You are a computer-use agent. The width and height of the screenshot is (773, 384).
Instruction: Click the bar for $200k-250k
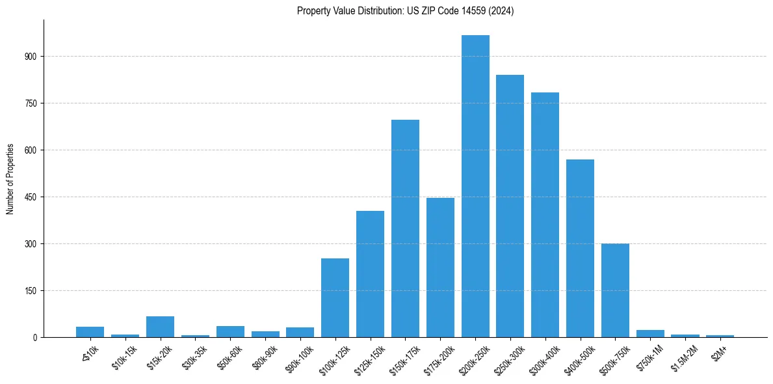[475, 186]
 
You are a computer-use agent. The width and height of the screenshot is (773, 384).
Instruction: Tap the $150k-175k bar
[405, 228]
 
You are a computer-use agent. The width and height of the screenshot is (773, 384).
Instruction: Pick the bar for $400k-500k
[580, 248]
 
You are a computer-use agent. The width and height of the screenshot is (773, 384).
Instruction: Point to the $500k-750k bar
[615, 290]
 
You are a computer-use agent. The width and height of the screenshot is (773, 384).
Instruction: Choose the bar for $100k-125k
[335, 297]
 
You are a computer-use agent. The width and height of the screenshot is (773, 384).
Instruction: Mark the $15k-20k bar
[160, 327]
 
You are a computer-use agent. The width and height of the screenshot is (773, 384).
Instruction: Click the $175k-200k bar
[440, 267]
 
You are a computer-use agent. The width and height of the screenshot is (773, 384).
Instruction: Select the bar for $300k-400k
[545, 215]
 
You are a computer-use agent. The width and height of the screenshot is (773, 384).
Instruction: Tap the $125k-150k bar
[370, 274]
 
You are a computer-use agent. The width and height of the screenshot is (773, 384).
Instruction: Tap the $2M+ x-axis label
[722, 351]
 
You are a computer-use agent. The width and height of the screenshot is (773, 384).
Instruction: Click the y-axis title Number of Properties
[10, 178]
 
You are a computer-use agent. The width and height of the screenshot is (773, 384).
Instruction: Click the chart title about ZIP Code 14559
[405, 11]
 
